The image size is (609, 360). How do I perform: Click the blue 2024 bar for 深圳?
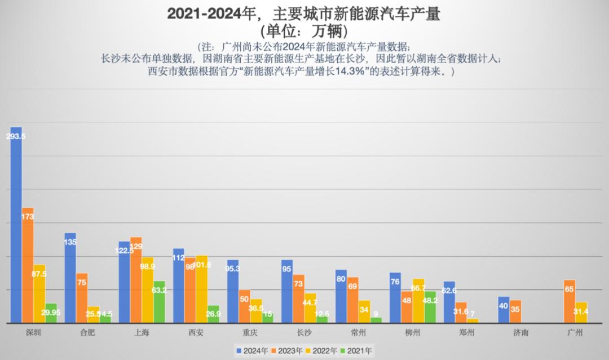(x=16, y=226)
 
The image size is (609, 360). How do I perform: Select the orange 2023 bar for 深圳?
(x=28, y=265)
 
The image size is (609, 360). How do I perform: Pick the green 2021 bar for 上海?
(x=159, y=305)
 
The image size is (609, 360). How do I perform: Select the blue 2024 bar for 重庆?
(x=232, y=293)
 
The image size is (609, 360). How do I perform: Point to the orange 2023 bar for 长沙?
(x=298, y=299)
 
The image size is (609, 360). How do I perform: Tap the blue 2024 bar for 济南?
(x=504, y=310)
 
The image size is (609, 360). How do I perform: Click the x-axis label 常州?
(x=359, y=332)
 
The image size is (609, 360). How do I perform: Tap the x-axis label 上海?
(x=142, y=332)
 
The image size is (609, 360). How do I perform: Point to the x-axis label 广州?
(x=575, y=332)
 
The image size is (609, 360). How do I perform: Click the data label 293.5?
(x=16, y=137)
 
